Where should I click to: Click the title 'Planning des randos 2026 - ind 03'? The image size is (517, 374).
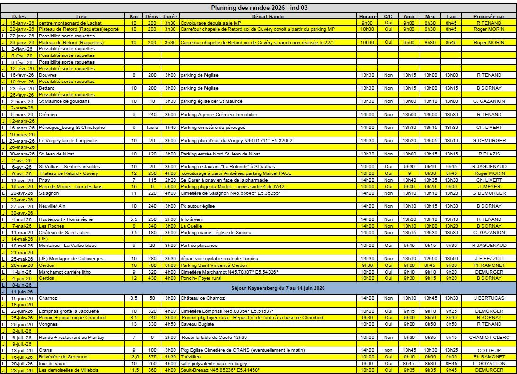click(x=260, y=8)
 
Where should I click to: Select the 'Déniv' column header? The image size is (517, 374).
click(x=152, y=16)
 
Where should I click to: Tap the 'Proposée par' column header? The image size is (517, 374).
click(x=489, y=16)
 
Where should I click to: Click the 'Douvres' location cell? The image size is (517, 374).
click(x=46, y=75)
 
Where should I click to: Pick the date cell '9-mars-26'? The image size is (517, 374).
click(x=22, y=115)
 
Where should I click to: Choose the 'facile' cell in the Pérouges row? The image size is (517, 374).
click(x=152, y=128)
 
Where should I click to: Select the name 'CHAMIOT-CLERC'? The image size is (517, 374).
click(x=489, y=338)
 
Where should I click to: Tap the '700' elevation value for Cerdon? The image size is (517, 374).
click(x=152, y=265)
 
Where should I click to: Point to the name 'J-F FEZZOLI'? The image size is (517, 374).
click(x=489, y=259)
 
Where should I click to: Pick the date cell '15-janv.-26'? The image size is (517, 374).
click(x=21, y=23)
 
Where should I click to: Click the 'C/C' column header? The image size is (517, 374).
click(x=388, y=16)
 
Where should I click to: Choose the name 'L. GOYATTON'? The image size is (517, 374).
click(x=489, y=364)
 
